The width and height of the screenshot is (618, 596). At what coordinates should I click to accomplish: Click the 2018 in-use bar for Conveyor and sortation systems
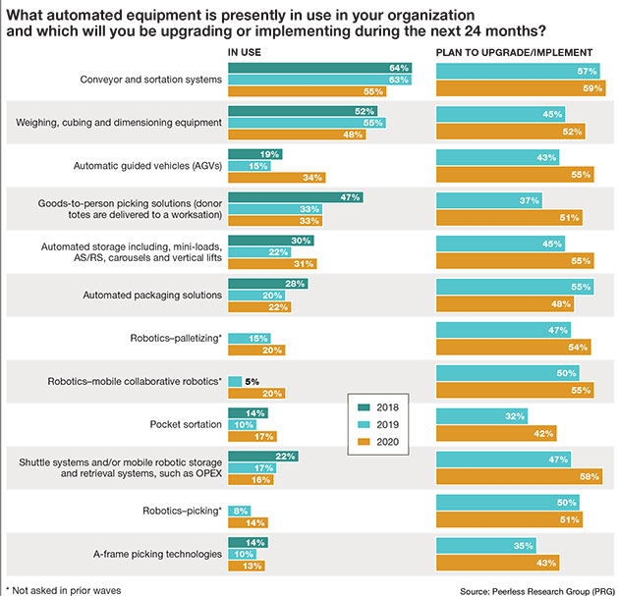coord(319,68)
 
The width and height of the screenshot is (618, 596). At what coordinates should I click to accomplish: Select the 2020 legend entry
coord(377,443)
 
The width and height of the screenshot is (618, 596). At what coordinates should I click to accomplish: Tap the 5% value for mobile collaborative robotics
coord(252,381)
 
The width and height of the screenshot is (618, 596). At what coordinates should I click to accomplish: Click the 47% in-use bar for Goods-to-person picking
coord(295,196)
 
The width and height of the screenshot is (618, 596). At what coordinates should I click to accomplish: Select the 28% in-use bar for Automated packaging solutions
coord(267,284)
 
